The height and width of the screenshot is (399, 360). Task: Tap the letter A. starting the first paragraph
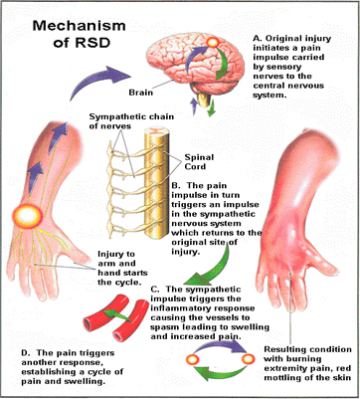click(257, 39)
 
